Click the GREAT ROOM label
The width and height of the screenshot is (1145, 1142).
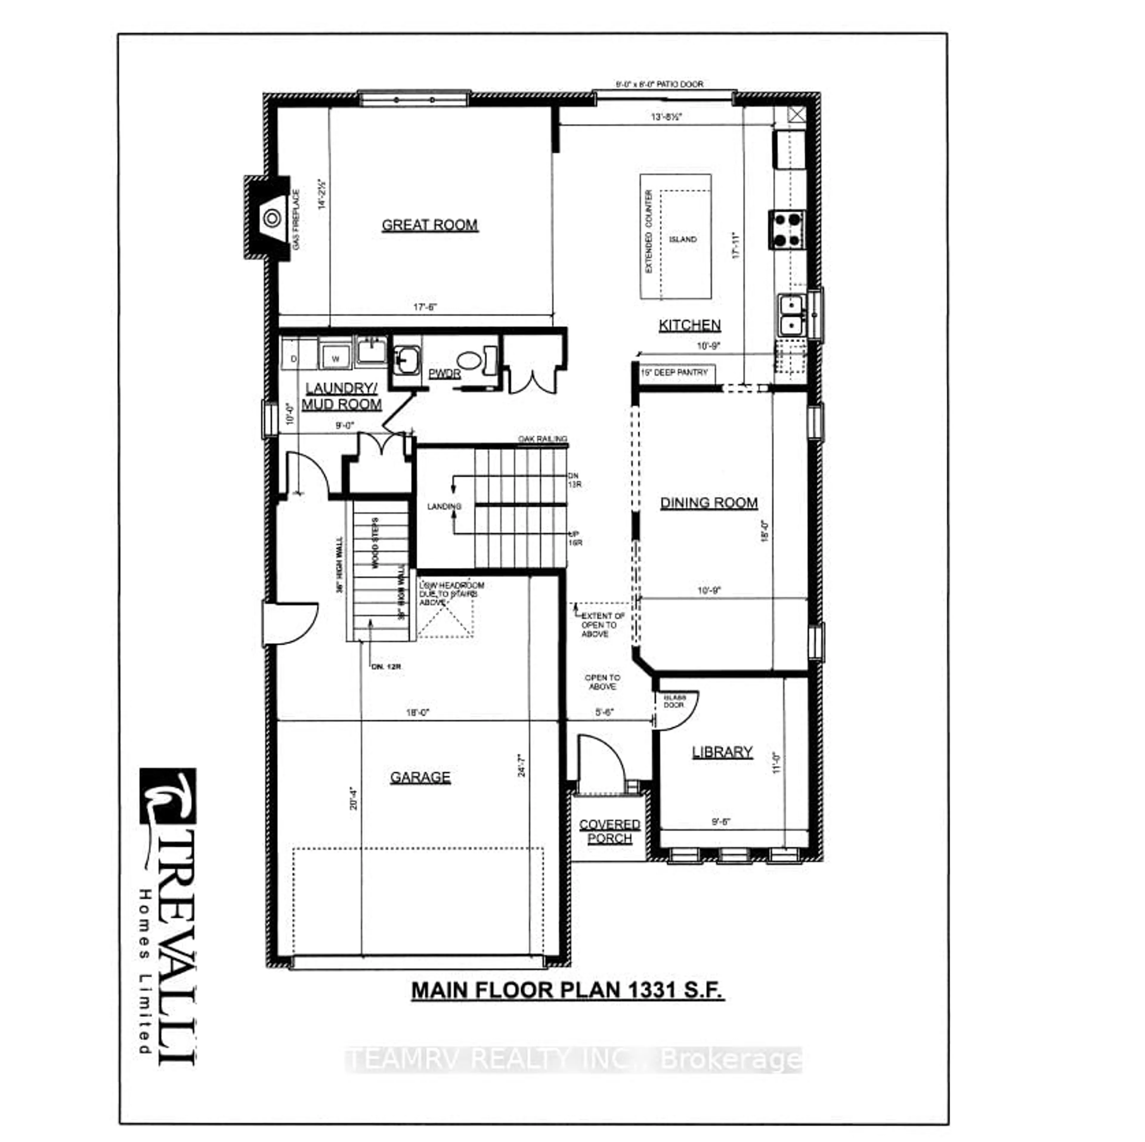point(430,225)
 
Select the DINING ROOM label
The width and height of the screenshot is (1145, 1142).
point(709,503)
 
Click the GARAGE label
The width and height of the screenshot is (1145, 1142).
point(420,777)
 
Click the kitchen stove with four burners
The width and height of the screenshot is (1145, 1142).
point(787,229)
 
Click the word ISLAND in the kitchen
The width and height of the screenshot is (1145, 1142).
point(683,239)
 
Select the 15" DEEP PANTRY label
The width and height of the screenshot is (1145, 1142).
point(675,373)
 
